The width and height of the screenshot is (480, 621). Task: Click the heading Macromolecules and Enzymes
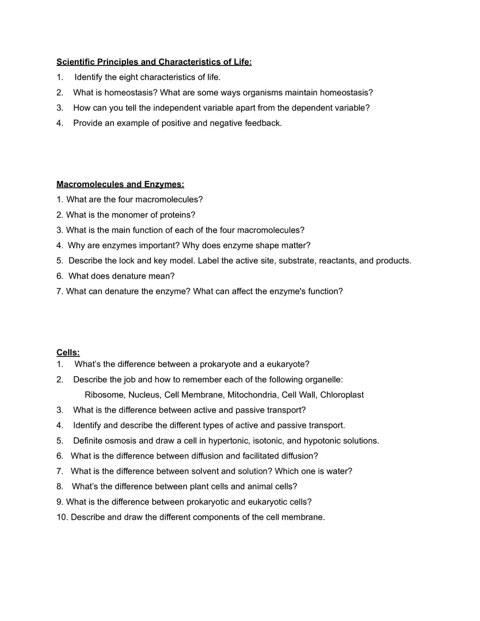(x=120, y=184)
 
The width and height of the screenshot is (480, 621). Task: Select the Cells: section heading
(x=68, y=353)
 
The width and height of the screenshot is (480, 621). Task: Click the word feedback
(x=265, y=123)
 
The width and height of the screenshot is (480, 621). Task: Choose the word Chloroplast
(x=342, y=395)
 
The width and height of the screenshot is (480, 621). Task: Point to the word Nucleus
(x=144, y=395)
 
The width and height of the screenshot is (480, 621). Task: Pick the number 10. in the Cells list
(x=62, y=517)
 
